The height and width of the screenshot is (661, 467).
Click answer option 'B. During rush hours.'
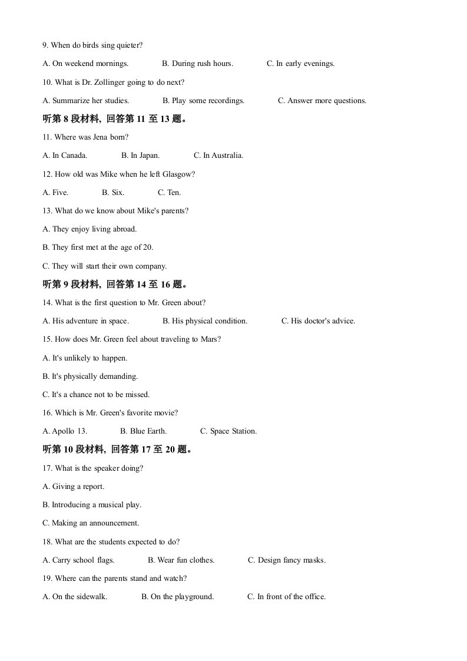pyautogui.click(x=197, y=64)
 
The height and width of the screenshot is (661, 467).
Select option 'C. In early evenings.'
pyautogui.click(x=300, y=64)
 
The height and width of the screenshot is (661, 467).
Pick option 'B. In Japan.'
pyautogui.click(x=140, y=156)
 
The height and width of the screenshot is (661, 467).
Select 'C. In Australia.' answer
pyautogui.click(x=218, y=156)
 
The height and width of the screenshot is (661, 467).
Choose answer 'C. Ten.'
pyautogui.click(x=169, y=193)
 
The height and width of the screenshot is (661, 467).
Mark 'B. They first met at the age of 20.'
pyautogui.click(x=98, y=247)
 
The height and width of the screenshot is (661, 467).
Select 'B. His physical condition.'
pyautogui.click(x=205, y=321)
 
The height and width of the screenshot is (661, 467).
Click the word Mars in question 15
pyautogui.click(x=210, y=339)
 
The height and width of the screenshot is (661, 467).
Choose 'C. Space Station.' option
pyautogui.click(x=228, y=431)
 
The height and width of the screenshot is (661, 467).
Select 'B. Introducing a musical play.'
pyautogui.click(x=92, y=505)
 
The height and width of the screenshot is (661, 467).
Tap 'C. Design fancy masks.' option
pyautogui.click(x=287, y=560)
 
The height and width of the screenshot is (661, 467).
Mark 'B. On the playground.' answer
pyautogui.click(x=177, y=597)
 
